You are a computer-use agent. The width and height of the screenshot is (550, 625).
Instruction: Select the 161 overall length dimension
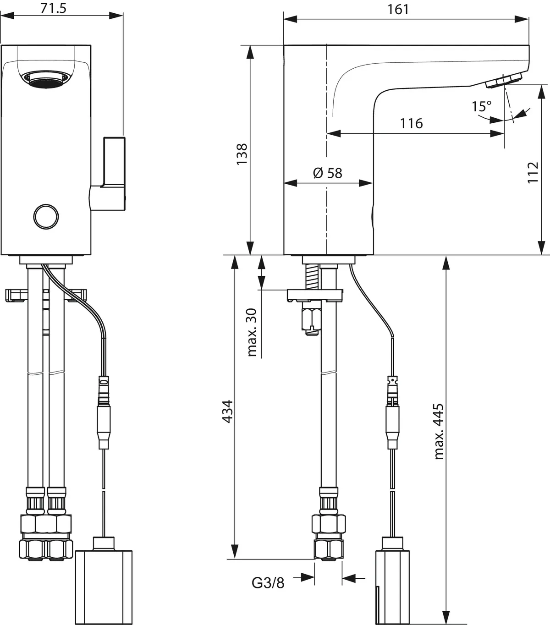[398, 9]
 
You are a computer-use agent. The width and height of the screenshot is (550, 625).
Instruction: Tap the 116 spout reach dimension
[411, 123]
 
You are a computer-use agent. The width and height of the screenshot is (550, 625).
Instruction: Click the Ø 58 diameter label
[327, 173]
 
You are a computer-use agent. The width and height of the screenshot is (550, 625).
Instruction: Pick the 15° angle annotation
[481, 107]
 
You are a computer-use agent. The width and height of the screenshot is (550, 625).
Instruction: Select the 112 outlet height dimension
[533, 172]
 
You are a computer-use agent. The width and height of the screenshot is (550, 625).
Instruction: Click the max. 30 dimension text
[252, 332]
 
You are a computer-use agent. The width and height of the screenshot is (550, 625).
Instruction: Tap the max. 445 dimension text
[439, 431]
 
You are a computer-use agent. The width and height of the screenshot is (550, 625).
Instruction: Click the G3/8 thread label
[268, 582]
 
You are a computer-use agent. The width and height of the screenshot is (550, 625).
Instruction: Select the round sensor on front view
[46, 215]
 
